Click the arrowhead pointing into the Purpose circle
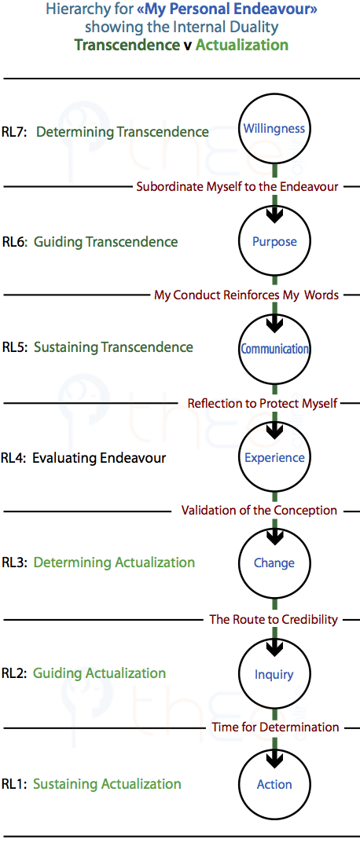pyautogui.click(x=274, y=215)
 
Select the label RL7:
pyautogui.click(x=15, y=131)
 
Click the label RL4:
pyautogui.click(x=13, y=458)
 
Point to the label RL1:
pyautogui.click(x=14, y=784)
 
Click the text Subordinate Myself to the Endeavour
pyautogui.click(x=237, y=186)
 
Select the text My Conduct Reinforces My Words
pyautogui.click(x=247, y=295)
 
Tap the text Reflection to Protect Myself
pyautogui.click(x=263, y=403)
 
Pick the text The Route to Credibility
pyautogui.click(x=274, y=619)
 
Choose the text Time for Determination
pyautogui.click(x=276, y=728)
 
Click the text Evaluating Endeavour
pyautogui.click(x=99, y=458)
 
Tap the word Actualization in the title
pyautogui.click(x=241, y=45)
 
